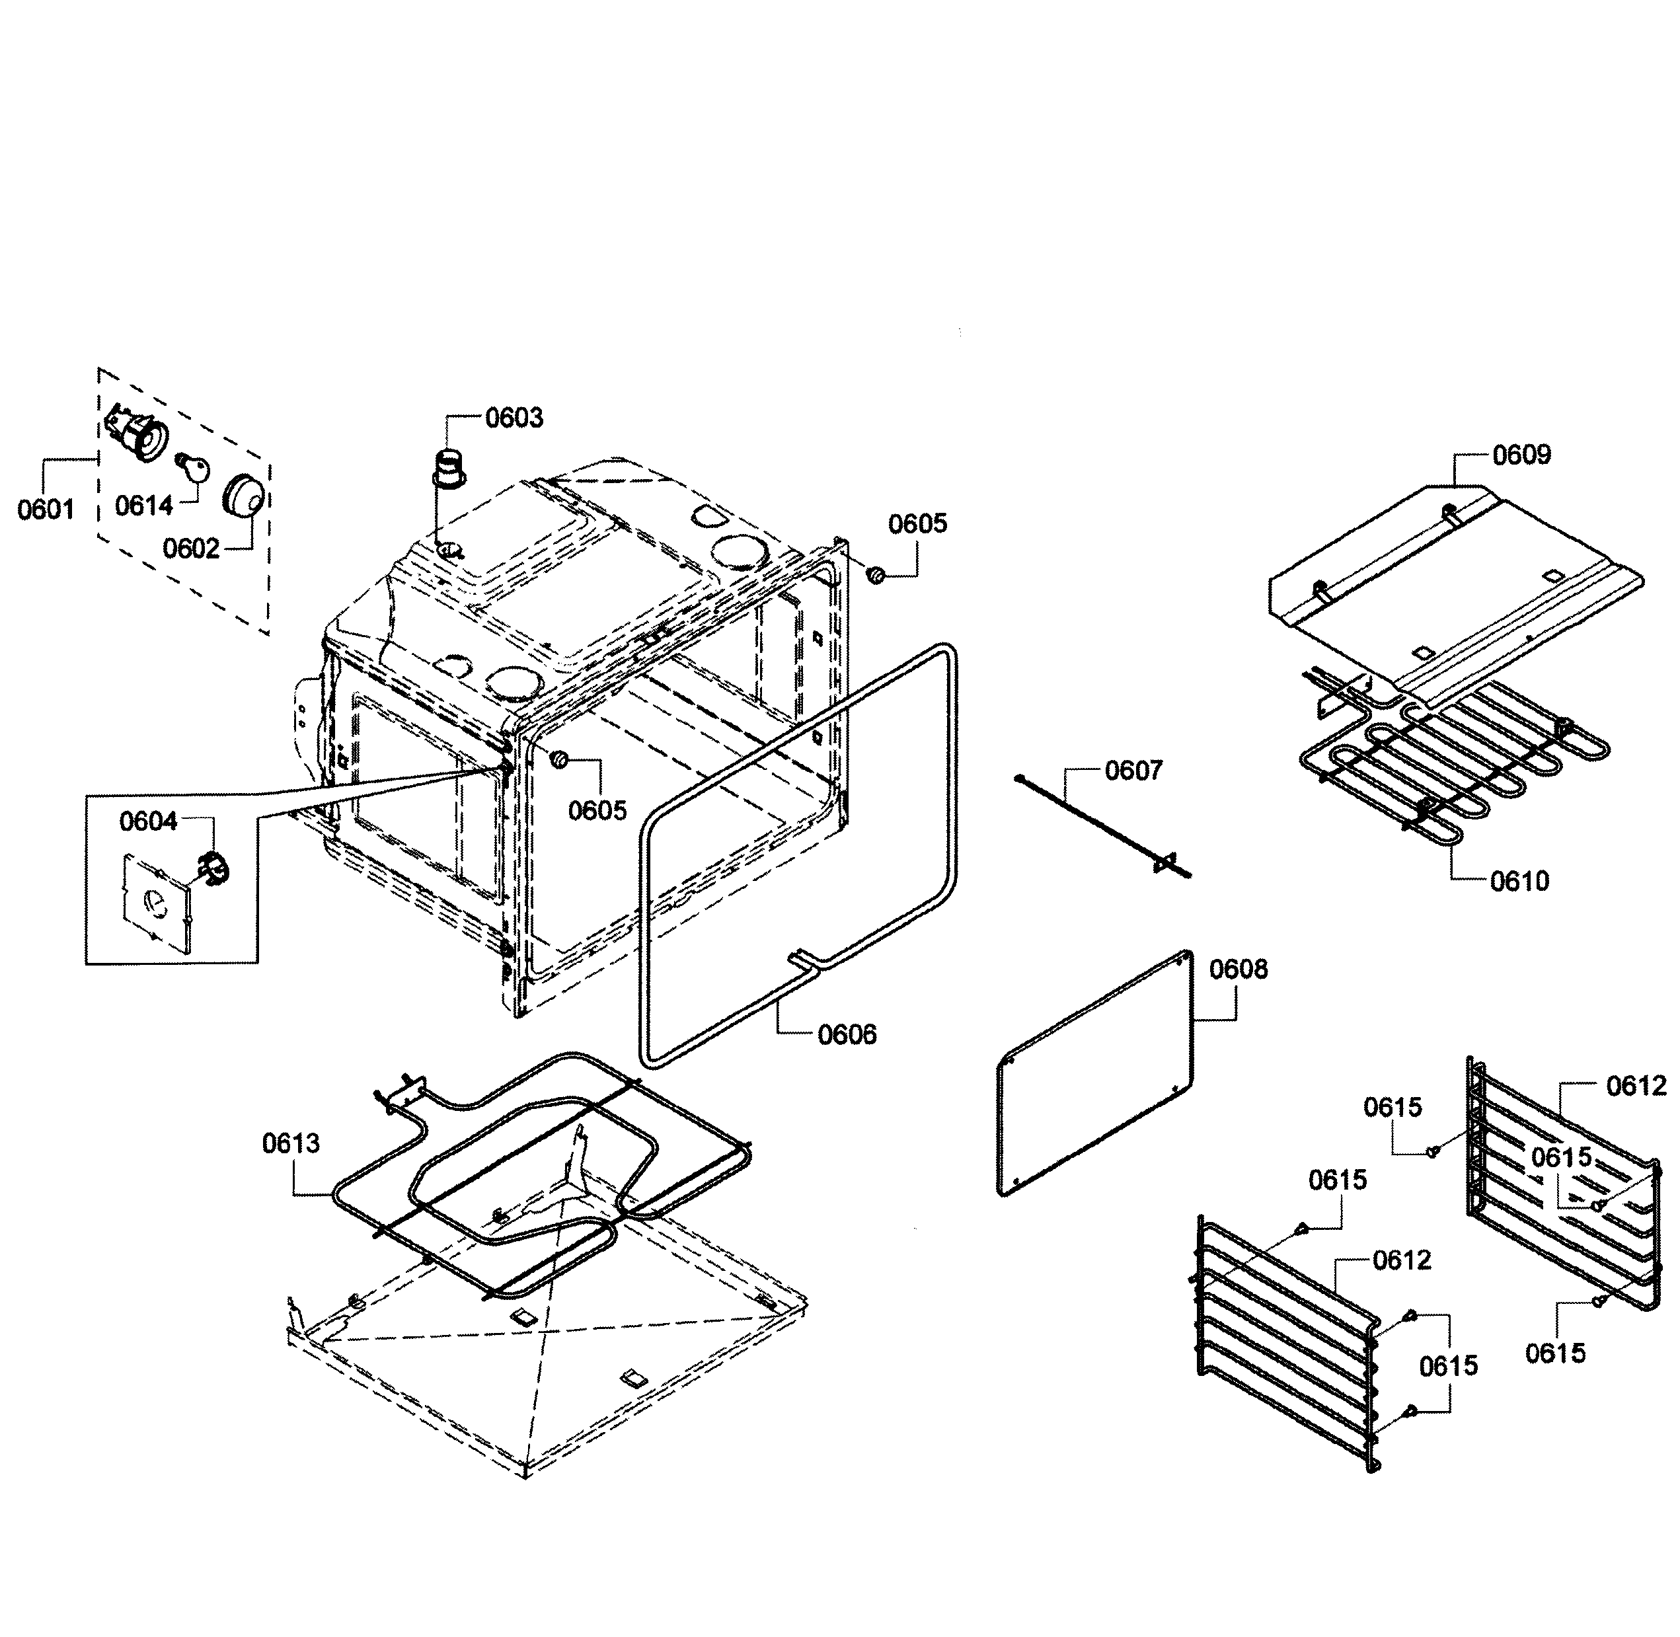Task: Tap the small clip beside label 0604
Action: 214,866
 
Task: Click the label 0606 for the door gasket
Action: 847,1034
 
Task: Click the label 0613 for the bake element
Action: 291,1143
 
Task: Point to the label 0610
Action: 1519,881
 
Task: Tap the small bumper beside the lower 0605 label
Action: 560,759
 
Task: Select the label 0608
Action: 1238,969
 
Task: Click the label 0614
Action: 143,506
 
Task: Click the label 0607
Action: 1133,771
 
